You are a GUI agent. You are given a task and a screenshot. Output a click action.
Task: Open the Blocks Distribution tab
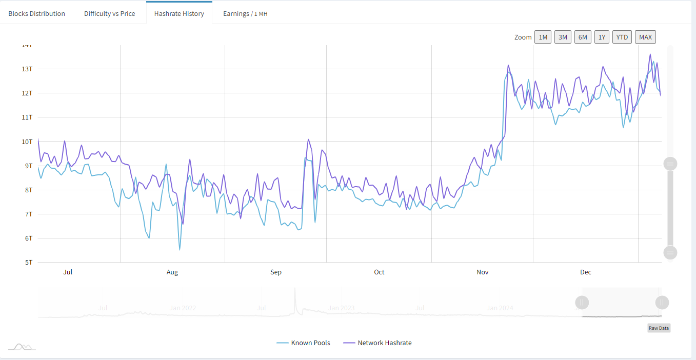click(x=36, y=13)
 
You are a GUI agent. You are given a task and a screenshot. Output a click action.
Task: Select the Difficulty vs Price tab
click(x=109, y=13)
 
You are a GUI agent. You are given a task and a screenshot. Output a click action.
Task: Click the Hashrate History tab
click(x=179, y=13)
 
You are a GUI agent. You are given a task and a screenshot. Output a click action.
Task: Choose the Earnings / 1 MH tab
click(x=245, y=13)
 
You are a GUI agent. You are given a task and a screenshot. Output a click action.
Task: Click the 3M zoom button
click(x=563, y=37)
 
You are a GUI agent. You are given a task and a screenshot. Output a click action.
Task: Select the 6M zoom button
click(x=583, y=37)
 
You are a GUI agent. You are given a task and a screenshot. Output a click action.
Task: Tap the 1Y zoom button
click(x=602, y=37)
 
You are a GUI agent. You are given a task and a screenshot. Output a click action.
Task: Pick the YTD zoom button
click(x=622, y=37)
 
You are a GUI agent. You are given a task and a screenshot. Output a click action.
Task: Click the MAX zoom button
click(x=645, y=37)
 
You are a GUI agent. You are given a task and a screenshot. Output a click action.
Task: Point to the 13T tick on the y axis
click(x=27, y=69)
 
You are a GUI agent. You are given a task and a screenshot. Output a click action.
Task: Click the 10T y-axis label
click(x=27, y=142)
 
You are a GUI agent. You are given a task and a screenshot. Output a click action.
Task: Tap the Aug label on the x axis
click(x=172, y=272)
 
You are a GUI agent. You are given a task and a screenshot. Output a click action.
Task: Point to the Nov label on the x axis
click(x=482, y=272)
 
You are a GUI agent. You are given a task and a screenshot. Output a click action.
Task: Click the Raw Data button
click(x=659, y=328)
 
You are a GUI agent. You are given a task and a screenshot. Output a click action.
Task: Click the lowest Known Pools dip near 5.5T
click(x=180, y=250)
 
